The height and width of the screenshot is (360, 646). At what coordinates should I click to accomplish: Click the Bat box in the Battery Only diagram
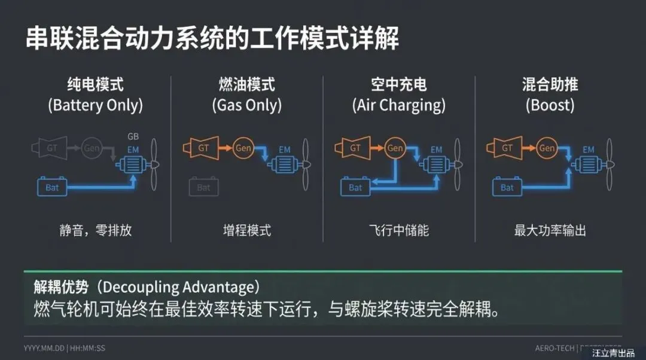[x=52, y=188]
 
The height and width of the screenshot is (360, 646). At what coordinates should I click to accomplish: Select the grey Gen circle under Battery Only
[x=92, y=148]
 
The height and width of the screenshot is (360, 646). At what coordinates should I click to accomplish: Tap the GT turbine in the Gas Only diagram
[x=202, y=148]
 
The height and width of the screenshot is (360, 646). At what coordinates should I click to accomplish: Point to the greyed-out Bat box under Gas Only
[x=203, y=188]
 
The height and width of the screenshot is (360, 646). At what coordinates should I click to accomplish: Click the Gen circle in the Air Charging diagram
[x=395, y=148]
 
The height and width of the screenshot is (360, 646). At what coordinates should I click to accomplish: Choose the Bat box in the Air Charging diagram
[x=355, y=188]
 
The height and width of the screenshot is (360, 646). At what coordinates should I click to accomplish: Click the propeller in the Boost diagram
[x=610, y=163]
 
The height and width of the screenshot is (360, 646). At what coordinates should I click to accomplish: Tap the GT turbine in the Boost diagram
[x=505, y=148]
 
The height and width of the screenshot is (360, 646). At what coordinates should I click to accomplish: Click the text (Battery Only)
[x=96, y=106]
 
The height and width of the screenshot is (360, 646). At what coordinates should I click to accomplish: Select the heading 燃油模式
[x=246, y=85]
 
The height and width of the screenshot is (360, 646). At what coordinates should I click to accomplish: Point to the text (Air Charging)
[x=399, y=106]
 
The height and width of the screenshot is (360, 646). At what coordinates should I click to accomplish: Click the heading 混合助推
[x=550, y=85]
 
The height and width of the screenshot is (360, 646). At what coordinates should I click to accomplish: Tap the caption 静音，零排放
[x=96, y=231]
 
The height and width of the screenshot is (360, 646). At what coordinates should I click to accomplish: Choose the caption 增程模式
[x=247, y=231]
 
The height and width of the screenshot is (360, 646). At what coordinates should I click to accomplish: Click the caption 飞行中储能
[x=399, y=231]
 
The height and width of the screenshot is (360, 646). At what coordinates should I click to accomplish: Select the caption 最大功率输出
[x=550, y=231]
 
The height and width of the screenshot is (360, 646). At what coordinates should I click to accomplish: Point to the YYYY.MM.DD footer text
[x=44, y=348]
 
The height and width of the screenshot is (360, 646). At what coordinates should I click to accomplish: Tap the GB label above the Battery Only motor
[x=133, y=137]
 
